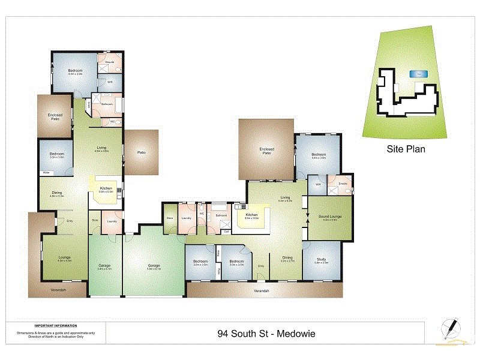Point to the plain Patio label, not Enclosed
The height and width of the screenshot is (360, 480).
pyautogui.click(x=142, y=152)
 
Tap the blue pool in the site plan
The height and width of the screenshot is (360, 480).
pyautogui.click(x=418, y=74)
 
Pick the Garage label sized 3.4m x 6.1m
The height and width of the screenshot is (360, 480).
pyautogui.click(x=106, y=267)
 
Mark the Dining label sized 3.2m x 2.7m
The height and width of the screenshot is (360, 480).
pyautogui.click(x=288, y=259)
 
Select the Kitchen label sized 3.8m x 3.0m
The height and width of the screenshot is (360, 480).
pyautogui.click(x=251, y=216)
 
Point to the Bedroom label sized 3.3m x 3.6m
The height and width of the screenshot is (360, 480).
pyautogui.click(x=57, y=155)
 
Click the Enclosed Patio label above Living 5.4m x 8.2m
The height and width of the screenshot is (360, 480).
pyautogui.click(x=266, y=150)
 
